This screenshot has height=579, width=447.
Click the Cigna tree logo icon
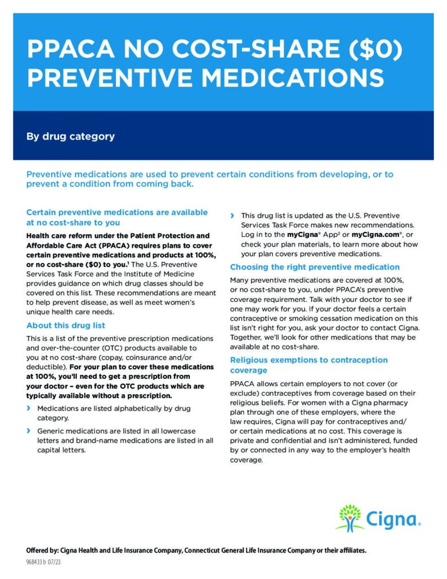pos(349,517)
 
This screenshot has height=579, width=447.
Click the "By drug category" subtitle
pos(71,136)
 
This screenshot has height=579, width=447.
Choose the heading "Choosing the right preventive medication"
pos(315,267)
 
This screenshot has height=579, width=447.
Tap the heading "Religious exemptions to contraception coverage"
pos(309,365)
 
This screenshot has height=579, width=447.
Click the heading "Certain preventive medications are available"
pos(117,213)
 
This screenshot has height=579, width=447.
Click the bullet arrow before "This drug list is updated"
pos(232,215)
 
